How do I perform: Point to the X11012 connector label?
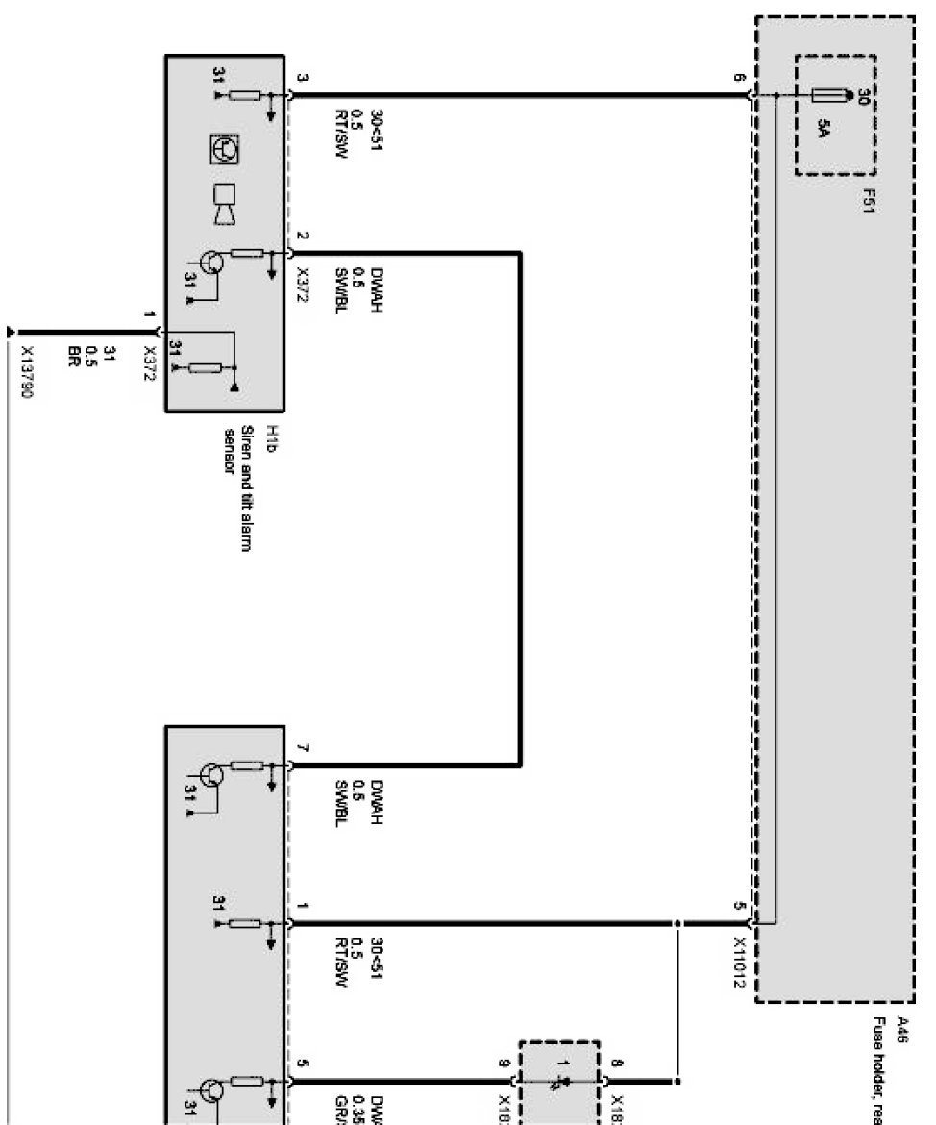point(740,962)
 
